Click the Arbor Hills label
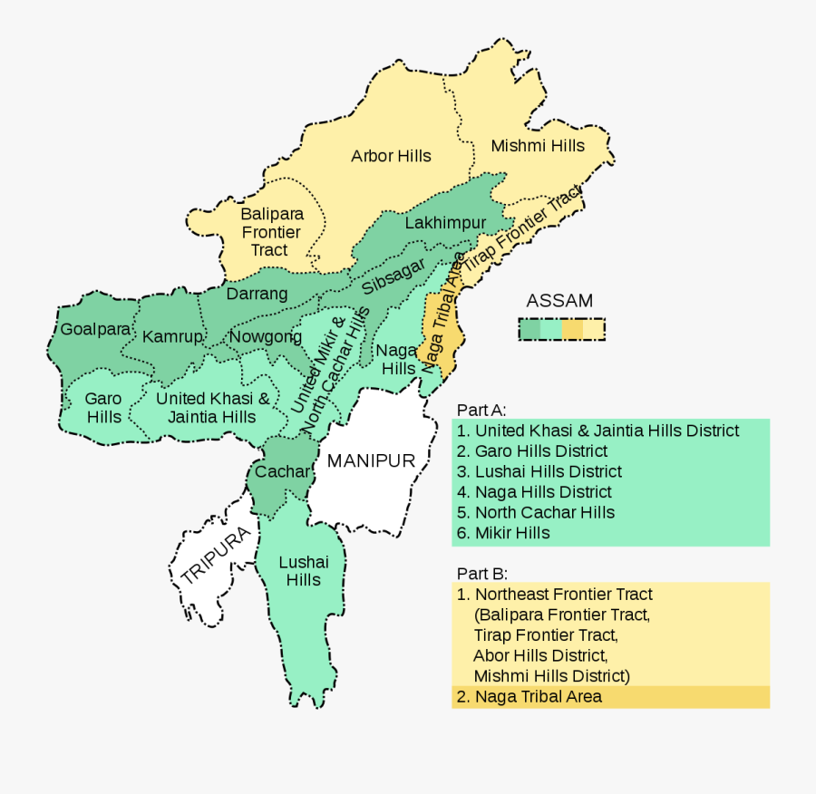tap(391, 156)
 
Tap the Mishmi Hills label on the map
tap(538, 145)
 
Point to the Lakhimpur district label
tap(445, 223)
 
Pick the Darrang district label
tap(257, 294)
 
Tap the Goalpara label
tap(95, 329)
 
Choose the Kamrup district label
tap(172, 336)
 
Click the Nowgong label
tap(266, 337)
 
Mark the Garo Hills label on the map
tap(103, 408)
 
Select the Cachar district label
tap(283, 471)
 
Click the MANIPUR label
tap(371, 460)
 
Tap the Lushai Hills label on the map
tap(304, 571)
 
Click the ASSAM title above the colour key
tap(559, 301)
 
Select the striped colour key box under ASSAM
tap(561, 329)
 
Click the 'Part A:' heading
tap(481, 410)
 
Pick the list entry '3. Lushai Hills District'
tap(539, 471)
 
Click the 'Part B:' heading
tap(481, 573)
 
